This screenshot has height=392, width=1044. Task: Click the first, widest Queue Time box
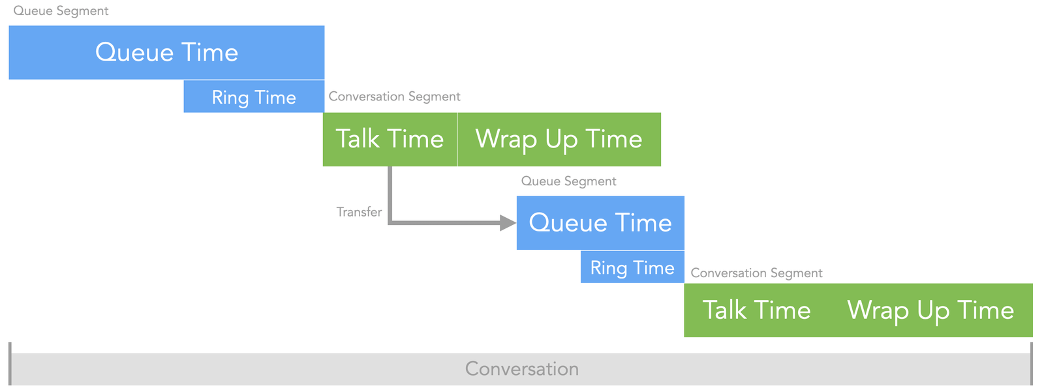click(166, 52)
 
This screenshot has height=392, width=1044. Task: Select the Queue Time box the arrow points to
click(600, 222)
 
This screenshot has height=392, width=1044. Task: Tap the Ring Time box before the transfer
click(254, 97)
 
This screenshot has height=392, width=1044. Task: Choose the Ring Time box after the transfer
click(632, 267)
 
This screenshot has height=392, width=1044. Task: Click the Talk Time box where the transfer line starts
click(390, 139)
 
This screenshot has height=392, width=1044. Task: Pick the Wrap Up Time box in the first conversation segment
click(559, 139)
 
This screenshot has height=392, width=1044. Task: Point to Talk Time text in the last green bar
click(756, 310)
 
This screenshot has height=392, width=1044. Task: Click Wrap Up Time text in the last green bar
click(930, 310)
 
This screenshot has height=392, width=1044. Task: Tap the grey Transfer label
click(359, 212)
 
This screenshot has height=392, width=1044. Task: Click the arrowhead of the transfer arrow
click(508, 223)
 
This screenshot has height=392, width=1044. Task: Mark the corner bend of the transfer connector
click(390, 223)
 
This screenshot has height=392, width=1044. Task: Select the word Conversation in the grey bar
click(522, 369)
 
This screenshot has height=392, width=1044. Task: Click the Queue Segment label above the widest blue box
click(61, 11)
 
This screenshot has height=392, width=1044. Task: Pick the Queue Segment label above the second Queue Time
click(568, 181)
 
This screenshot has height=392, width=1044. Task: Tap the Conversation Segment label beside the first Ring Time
click(394, 97)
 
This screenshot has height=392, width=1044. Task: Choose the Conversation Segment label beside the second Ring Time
click(756, 273)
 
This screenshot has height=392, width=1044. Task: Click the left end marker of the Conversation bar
click(10, 363)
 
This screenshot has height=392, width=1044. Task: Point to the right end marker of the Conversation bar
click(1032, 363)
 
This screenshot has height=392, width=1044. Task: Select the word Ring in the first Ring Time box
click(230, 98)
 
